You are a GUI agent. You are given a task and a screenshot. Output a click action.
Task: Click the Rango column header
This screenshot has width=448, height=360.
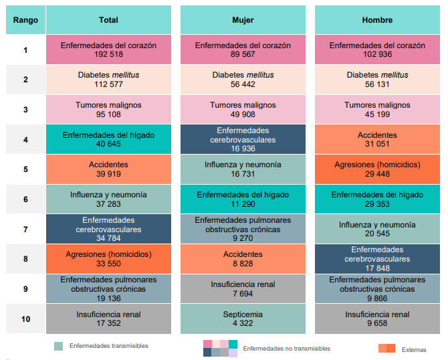point(25,20)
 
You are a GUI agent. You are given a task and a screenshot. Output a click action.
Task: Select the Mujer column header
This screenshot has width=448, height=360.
point(243,20)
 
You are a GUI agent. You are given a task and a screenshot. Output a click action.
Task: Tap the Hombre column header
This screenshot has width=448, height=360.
point(377,20)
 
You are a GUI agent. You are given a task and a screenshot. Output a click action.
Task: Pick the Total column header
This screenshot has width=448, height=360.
point(108,20)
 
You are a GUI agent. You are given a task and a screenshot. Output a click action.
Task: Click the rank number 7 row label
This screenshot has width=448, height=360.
point(25,229)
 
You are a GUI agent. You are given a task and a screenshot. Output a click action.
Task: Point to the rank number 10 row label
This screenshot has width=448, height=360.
point(25,319)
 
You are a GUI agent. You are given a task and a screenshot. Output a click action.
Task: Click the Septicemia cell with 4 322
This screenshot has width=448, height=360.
point(243,319)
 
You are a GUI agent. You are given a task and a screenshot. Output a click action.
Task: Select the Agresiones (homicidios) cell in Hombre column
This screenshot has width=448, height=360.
point(377,169)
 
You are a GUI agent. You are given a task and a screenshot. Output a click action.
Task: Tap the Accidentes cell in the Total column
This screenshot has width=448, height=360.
point(108,169)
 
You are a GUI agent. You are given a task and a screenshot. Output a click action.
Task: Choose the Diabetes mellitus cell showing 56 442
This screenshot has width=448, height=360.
point(243,79)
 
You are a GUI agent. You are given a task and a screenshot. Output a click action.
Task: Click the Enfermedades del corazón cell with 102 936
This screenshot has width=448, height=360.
point(377,50)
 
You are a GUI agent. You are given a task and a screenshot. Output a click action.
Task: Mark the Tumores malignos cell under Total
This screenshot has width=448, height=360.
point(108,109)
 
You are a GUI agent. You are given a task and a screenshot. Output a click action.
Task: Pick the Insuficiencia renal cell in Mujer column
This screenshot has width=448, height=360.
point(243,288)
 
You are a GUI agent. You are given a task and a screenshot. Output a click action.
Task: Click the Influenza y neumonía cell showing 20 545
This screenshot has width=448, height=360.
point(377,229)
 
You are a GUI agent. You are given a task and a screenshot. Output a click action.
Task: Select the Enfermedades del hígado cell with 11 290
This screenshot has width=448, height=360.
point(243,199)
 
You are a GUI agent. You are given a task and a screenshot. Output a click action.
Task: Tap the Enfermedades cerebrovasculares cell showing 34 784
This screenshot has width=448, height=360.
point(108,229)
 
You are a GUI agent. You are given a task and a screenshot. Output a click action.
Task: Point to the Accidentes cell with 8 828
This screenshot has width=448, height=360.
point(243,258)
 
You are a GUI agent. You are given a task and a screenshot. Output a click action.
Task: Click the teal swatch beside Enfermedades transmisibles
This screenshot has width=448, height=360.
point(59,346)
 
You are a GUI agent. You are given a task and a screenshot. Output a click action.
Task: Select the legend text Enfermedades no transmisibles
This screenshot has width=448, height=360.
point(286,349)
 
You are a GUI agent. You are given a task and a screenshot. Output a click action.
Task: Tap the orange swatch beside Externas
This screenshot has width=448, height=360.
point(386,349)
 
